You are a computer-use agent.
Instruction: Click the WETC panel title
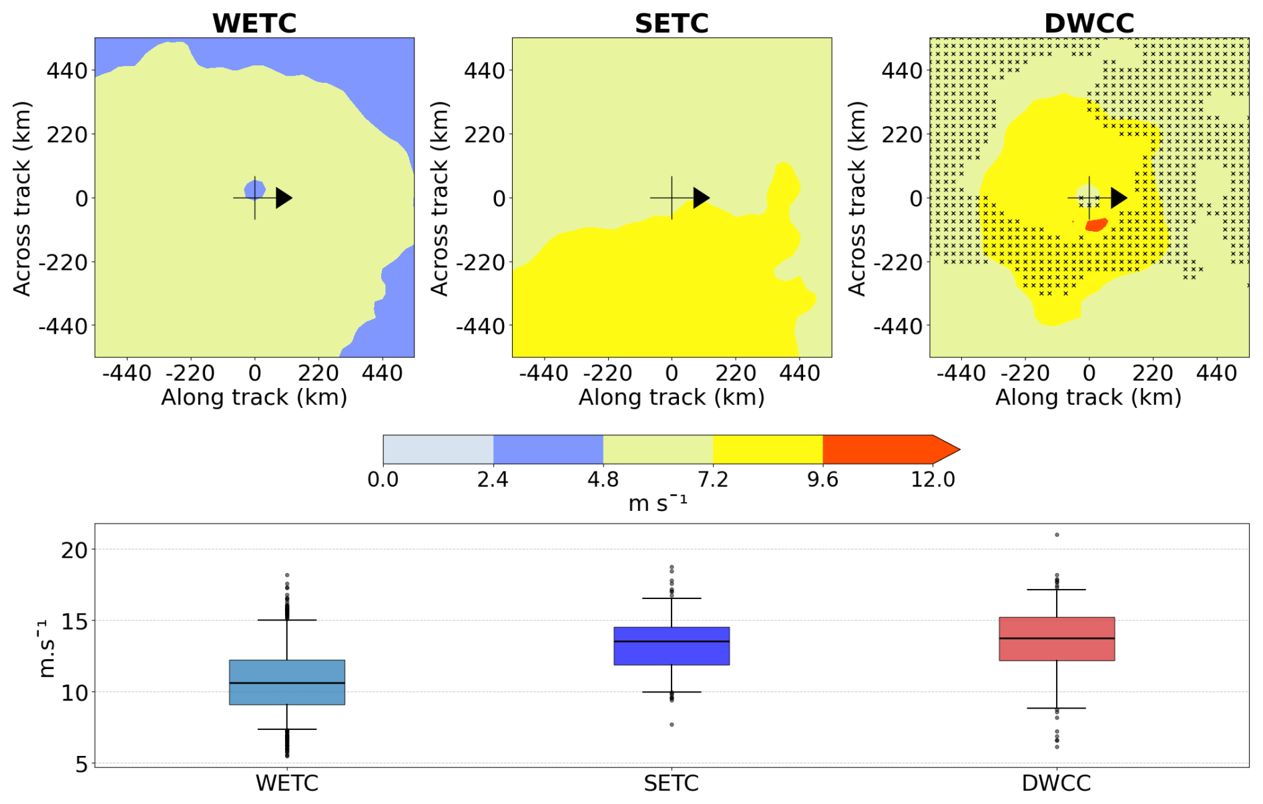point(254,23)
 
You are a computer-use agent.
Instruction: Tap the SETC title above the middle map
point(672,23)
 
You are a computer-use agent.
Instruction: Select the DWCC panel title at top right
point(1089,23)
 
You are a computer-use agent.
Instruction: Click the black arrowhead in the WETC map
point(283,198)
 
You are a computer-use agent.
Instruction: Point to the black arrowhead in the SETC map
point(700,198)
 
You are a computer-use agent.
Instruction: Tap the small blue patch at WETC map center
point(254,190)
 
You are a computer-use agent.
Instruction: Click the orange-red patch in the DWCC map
point(1096,224)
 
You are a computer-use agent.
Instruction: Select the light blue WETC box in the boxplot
point(287,682)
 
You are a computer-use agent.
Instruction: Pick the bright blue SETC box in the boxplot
point(672,646)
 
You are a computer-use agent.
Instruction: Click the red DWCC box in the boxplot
point(1057,639)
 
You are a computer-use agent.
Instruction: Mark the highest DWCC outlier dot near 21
point(1057,535)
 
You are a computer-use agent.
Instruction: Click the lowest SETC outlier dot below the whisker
point(672,725)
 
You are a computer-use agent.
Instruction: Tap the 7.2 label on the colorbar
point(713,479)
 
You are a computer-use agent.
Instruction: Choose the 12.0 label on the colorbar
point(933,479)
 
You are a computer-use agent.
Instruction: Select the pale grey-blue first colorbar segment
point(438,449)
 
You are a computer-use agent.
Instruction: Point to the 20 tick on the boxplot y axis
point(74,550)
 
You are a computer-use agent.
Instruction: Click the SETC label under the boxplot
point(672,783)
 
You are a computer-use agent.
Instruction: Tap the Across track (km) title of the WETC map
point(22,198)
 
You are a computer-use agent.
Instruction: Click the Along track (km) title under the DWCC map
point(1088,397)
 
